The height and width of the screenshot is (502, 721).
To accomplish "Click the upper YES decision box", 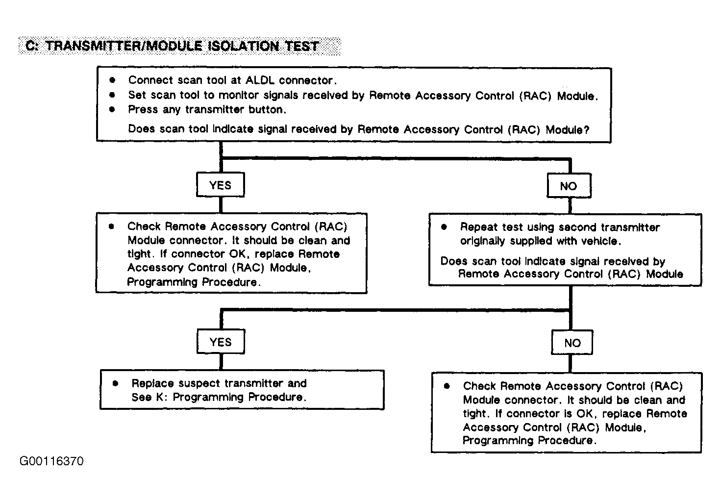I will tap(220, 185).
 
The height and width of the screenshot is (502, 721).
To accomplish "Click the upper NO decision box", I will tap(569, 186).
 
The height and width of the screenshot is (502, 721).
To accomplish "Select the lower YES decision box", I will tap(220, 342).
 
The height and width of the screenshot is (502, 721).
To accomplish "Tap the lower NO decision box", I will tap(572, 343).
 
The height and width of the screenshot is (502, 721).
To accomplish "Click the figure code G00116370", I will tap(51, 461).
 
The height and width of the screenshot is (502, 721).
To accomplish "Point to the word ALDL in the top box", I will tap(261, 80).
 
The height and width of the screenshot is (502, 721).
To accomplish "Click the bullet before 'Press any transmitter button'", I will tap(112, 109).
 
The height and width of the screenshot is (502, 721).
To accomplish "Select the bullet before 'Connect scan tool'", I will tap(112, 79).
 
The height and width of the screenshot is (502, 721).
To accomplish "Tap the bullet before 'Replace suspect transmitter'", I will tap(116, 383).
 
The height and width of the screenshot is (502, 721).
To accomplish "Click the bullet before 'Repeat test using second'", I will tap(444, 227).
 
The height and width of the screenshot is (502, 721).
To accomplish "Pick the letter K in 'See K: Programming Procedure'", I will tap(159, 397).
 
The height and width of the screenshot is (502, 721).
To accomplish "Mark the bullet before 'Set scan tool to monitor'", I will tap(112, 95).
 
